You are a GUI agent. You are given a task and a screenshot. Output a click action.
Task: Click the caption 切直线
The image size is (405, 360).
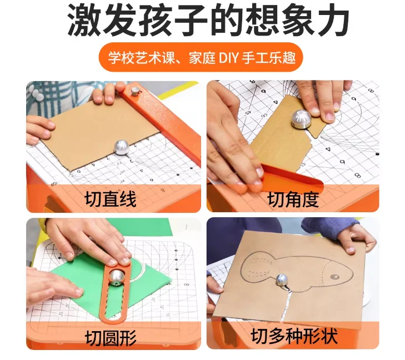[111, 199]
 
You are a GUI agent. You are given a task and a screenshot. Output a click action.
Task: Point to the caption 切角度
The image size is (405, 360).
[293, 199]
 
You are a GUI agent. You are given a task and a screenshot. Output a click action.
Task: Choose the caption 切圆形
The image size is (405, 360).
[111, 338]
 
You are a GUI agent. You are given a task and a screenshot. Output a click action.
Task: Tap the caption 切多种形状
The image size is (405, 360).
[294, 336]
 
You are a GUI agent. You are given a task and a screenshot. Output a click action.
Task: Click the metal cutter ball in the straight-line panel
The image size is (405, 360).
[122, 147]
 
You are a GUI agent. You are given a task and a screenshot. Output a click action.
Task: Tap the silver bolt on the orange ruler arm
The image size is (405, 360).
[135, 91]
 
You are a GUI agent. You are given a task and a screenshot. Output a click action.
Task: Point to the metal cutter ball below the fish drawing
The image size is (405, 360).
[282, 281]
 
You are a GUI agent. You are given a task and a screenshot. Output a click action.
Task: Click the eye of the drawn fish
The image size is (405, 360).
[335, 277]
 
